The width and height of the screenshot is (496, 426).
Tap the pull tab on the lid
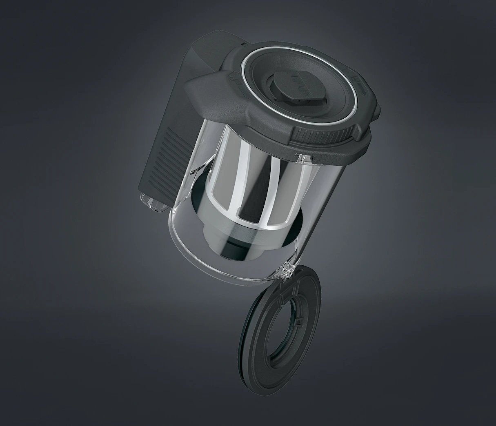point(297,87)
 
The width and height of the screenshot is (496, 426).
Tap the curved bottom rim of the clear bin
point(220,271)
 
